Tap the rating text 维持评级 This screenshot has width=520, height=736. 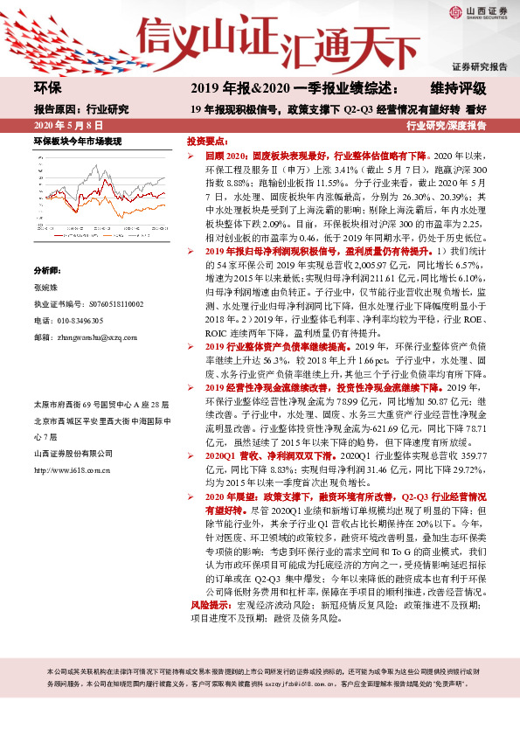point(457,88)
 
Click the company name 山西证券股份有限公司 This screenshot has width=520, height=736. point(73,453)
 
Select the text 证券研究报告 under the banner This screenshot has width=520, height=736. point(479,66)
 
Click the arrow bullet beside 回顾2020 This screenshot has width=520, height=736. point(198,153)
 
